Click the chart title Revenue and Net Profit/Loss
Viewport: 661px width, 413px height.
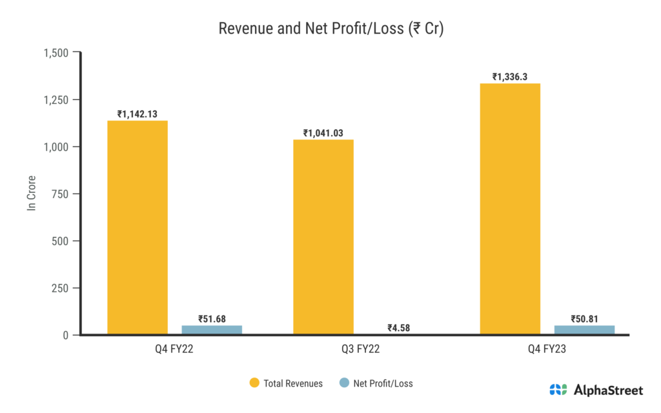click(x=330, y=29)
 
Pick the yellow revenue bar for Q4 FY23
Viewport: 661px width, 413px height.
click(x=510, y=209)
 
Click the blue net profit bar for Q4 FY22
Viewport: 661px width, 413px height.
click(x=212, y=330)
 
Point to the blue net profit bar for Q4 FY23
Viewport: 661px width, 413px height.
click(x=584, y=330)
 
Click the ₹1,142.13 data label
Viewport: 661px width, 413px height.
click(x=137, y=114)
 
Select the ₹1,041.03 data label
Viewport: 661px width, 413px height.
click(x=323, y=133)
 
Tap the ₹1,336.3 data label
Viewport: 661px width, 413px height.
click(x=510, y=77)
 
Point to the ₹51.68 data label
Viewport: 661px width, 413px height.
click(x=212, y=318)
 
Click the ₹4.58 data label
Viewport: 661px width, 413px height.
click(x=398, y=327)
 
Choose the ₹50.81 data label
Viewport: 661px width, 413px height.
click(x=584, y=318)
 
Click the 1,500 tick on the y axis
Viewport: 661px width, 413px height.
click(x=56, y=52)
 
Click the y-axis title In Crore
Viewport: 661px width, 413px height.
click(x=30, y=193)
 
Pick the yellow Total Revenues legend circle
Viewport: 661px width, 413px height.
click(x=254, y=383)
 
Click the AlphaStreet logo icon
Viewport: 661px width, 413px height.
click(x=558, y=390)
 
